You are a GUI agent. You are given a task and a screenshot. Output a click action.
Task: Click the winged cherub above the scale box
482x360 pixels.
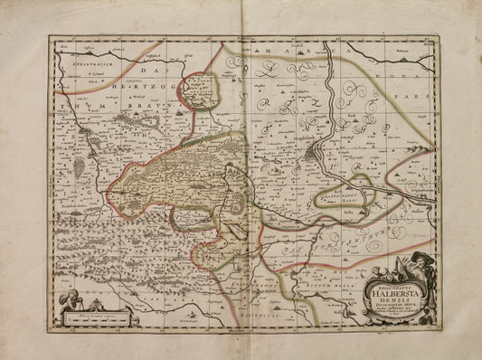point(70,297)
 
